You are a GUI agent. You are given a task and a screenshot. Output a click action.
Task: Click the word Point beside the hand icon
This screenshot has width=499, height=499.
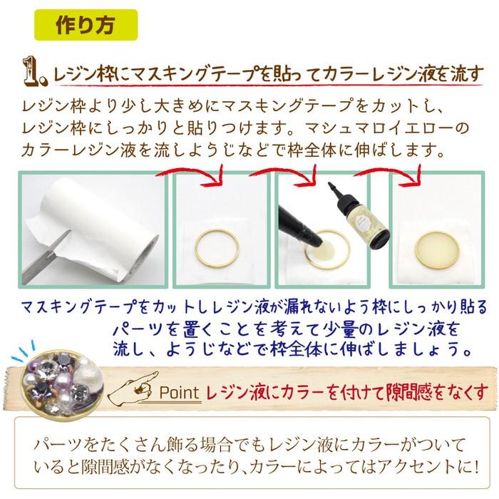(180, 391)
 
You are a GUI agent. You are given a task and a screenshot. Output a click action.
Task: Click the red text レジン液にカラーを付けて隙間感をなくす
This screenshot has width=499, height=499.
(346, 391)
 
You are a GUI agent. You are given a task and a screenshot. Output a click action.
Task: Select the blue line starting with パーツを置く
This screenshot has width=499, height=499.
(285, 329)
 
